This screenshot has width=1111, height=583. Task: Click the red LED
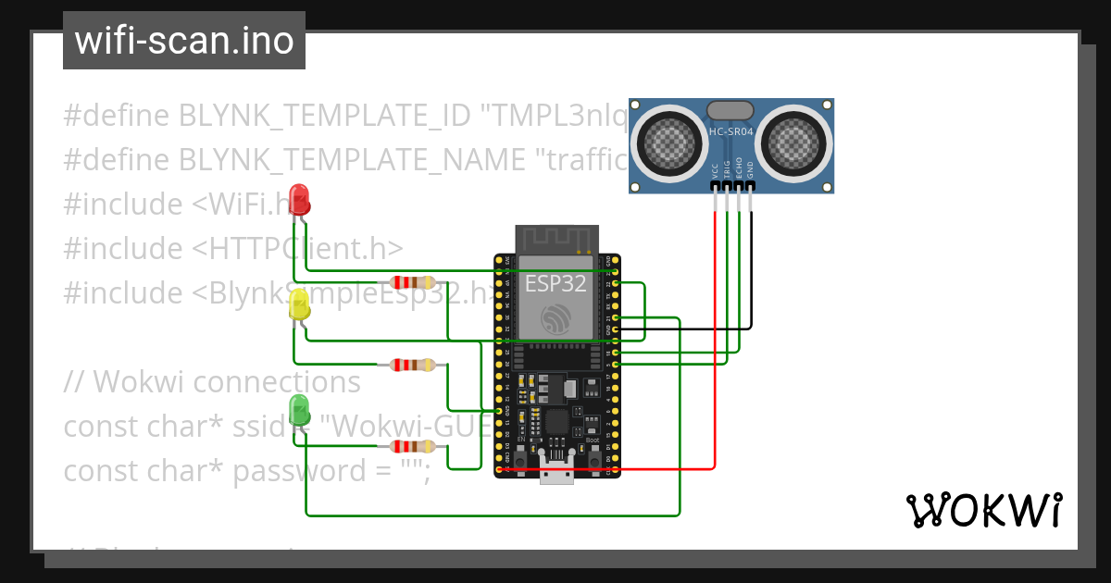tap(299, 199)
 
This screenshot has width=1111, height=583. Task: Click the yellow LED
tap(299, 304)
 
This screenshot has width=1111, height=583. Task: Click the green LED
tap(299, 409)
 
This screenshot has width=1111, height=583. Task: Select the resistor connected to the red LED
tap(412, 282)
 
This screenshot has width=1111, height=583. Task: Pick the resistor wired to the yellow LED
tap(412, 365)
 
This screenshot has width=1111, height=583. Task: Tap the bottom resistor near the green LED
tap(412, 447)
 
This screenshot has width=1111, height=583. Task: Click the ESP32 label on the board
tap(555, 284)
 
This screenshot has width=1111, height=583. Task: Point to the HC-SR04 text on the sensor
tap(731, 131)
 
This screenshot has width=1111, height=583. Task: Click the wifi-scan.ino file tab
tap(183, 41)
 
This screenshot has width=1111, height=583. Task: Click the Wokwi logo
tap(983, 510)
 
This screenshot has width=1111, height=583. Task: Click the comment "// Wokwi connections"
tap(212, 381)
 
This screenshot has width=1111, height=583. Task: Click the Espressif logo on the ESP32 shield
tap(555, 319)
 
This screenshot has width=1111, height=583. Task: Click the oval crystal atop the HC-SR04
tap(731, 110)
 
